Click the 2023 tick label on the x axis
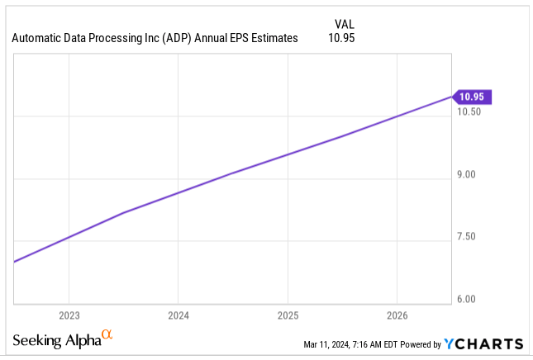click(69, 315)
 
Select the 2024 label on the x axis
click(178, 315)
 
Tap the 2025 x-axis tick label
click(288, 315)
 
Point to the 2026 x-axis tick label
click(397, 315)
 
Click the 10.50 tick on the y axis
click(471, 112)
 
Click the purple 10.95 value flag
click(473, 97)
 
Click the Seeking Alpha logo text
click(56, 341)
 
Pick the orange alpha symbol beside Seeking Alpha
click(106, 335)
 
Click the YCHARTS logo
click(483, 343)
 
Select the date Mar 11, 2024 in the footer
click(328, 344)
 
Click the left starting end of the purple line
click(15, 261)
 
